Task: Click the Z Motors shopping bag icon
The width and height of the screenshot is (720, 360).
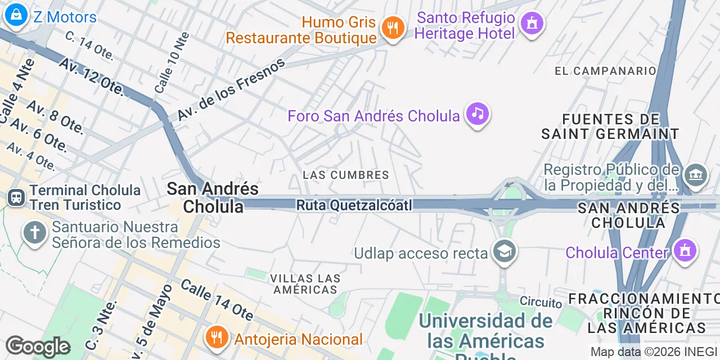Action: tap(16, 16)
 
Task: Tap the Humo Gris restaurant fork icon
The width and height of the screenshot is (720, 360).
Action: tap(393, 27)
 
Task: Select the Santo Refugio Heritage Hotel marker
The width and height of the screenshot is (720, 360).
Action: tap(532, 24)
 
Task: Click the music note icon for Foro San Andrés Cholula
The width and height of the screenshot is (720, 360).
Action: tap(478, 114)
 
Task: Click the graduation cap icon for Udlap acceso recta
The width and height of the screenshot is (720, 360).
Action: tap(505, 252)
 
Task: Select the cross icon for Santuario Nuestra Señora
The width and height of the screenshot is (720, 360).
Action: tap(35, 233)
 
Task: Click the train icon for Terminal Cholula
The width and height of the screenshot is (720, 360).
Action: tap(16, 197)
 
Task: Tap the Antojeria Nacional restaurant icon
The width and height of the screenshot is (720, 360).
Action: tap(216, 337)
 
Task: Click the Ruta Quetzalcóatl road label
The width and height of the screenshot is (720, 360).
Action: tap(354, 205)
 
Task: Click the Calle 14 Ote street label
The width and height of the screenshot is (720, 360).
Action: tap(217, 298)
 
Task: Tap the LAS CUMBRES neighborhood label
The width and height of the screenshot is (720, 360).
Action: tap(346, 175)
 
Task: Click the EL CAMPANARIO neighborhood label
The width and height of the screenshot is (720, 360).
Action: tap(605, 71)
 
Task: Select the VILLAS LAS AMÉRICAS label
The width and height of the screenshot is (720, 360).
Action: tap(305, 284)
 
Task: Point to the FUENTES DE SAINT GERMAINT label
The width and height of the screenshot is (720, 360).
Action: tap(610, 127)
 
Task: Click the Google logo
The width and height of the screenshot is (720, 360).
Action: tap(38, 346)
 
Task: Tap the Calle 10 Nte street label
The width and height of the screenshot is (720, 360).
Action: tap(172, 62)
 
